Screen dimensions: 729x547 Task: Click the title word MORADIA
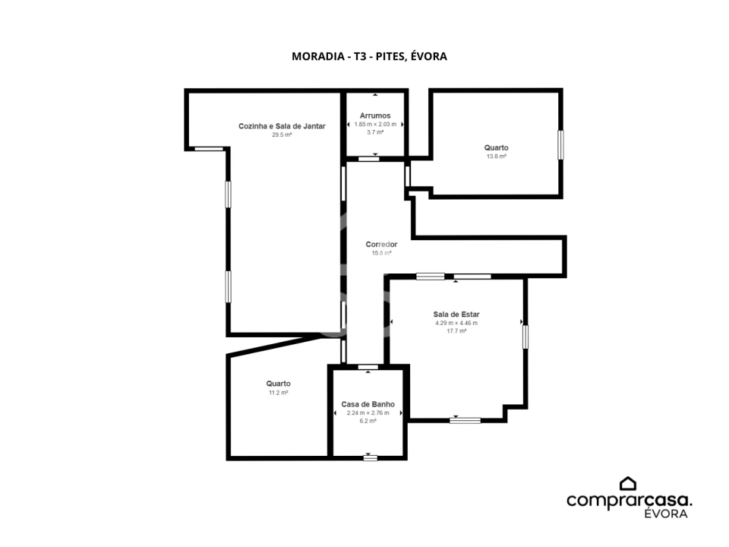pyautogui.click(x=318, y=56)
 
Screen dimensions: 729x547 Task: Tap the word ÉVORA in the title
pyautogui.click(x=428, y=55)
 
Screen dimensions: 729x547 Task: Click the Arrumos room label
pyautogui.click(x=375, y=115)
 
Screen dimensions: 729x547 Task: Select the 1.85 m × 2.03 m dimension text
pyautogui.click(x=375, y=124)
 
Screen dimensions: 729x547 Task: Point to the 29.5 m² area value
pyautogui.click(x=282, y=135)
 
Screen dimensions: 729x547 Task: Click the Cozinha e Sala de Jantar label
pyautogui.click(x=282, y=126)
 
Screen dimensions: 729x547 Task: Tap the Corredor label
pyautogui.click(x=381, y=244)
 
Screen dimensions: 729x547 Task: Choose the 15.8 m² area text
pyautogui.click(x=382, y=253)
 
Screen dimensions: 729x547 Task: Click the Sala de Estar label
pyautogui.click(x=456, y=315)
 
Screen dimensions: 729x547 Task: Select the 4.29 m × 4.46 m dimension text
pyautogui.click(x=456, y=323)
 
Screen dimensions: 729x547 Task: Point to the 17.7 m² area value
pyautogui.click(x=456, y=331)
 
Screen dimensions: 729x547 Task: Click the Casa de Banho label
pyautogui.click(x=368, y=404)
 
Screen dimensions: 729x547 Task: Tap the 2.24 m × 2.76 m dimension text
pyautogui.click(x=368, y=413)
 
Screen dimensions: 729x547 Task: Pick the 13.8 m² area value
pyautogui.click(x=496, y=157)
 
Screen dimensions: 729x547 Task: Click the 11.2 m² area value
pyautogui.click(x=278, y=393)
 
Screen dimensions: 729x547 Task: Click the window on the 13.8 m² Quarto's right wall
pyautogui.click(x=560, y=145)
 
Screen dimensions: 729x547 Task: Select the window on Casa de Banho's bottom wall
pyautogui.click(x=370, y=458)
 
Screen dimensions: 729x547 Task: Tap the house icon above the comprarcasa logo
pyautogui.click(x=628, y=483)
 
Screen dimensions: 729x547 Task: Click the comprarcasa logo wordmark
pyautogui.click(x=629, y=501)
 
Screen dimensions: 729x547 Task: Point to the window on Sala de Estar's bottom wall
pyautogui.click(x=465, y=420)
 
